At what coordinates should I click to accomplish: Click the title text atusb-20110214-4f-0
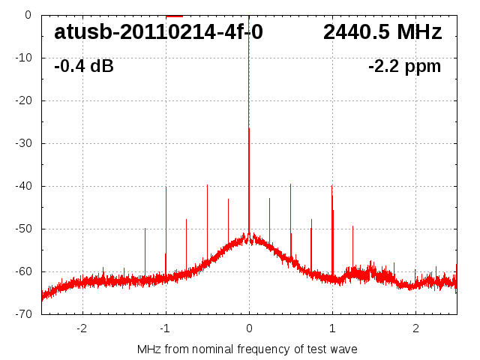click(x=158, y=32)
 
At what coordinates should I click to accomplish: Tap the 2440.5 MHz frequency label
click(x=382, y=32)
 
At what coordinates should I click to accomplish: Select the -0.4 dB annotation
click(x=84, y=67)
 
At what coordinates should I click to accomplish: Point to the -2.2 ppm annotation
click(x=404, y=67)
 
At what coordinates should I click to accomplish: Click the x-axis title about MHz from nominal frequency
click(x=247, y=349)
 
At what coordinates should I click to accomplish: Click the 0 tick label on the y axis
click(x=27, y=15)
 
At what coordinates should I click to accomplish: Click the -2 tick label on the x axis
click(x=82, y=328)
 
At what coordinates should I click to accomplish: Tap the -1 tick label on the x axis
click(x=165, y=328)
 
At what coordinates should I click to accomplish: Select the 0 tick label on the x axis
click(x=249, y=328)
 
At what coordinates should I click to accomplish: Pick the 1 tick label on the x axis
click(x=332, y=328)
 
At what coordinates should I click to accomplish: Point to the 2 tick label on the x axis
click(x=415, y=328)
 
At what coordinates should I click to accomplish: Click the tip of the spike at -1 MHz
click(x=166, y=187)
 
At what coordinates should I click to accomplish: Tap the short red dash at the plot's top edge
click(x=174, y=16)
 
